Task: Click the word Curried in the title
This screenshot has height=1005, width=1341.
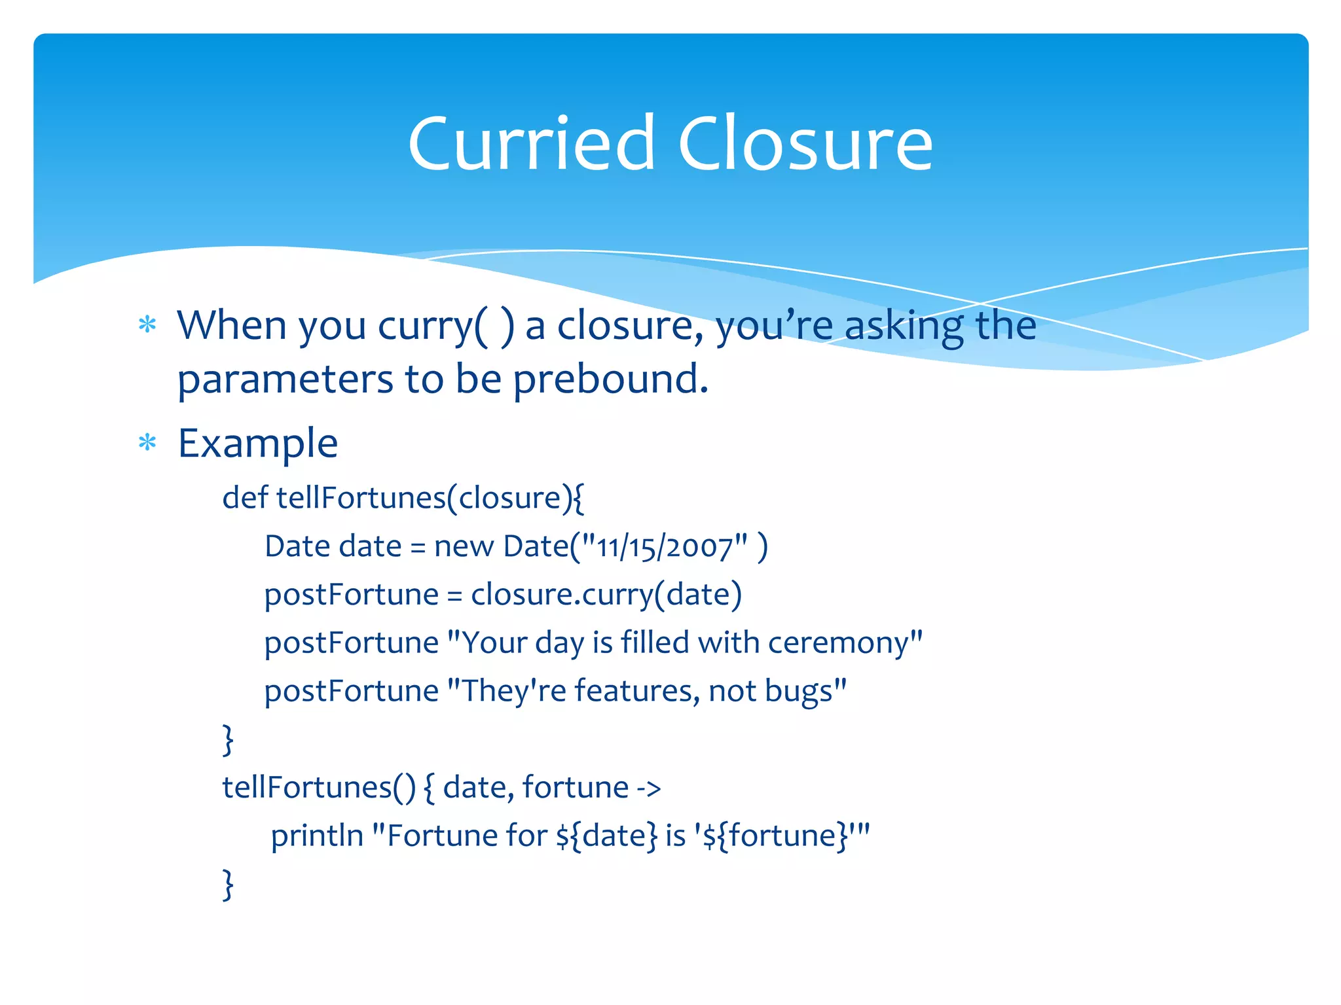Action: coord(531,144)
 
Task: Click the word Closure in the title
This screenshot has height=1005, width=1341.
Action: coord(805,144)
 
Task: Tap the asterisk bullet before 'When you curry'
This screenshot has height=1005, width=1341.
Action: coord(148,325)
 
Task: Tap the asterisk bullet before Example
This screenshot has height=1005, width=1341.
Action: coord(148,443)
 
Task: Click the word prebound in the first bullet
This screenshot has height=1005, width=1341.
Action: coord(610,379)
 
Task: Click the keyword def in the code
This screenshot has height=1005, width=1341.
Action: coord(244,497)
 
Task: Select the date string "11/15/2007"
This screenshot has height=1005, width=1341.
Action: coord(665,547)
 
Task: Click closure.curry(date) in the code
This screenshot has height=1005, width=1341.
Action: coord(606,595)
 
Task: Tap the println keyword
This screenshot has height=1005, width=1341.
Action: coord(317,836)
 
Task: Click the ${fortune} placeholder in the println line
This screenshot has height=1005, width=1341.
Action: coord(779,836)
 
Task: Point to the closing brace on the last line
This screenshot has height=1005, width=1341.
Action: coord(228,885)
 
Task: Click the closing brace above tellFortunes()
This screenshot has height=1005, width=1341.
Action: coord(228,740)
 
